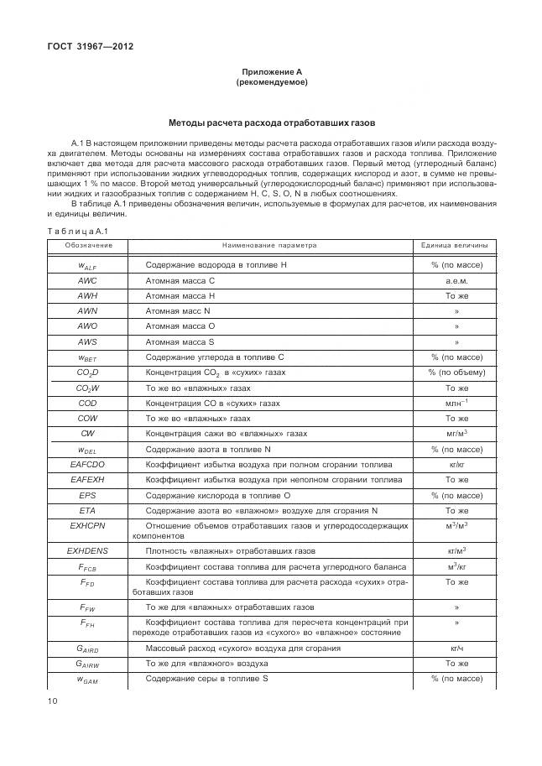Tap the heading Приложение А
tap(271, 73)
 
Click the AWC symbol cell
tap(87, 280)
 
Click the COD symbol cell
tap(87, 403)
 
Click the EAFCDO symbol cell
tap(87, 464)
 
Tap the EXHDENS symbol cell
tap(87, 550)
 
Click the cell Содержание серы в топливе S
tap(206, 678)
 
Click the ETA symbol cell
tap(87, 510)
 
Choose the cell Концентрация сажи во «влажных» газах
tap(227, 434)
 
